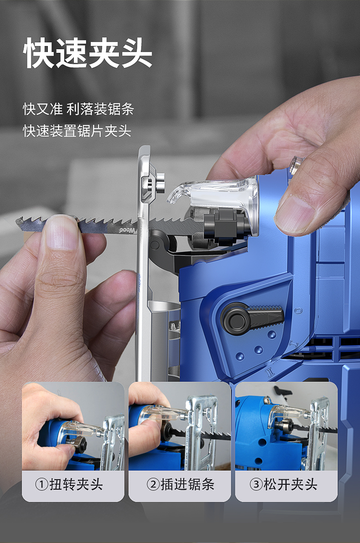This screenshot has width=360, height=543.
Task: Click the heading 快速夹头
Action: coord(87,54)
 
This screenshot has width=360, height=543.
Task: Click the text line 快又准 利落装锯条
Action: coord(78,109)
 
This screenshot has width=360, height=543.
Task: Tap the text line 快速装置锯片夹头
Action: coord(77,131)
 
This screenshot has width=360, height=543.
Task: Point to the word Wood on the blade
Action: coord(128,231)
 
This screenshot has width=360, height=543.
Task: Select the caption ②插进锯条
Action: coord(180,484)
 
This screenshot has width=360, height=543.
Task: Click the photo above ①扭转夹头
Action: coord(73,426)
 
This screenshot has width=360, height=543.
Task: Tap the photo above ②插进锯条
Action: coord(180,426)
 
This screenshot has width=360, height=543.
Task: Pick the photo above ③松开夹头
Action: coord(286,426)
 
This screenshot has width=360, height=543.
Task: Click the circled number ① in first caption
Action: coord(41,484)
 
